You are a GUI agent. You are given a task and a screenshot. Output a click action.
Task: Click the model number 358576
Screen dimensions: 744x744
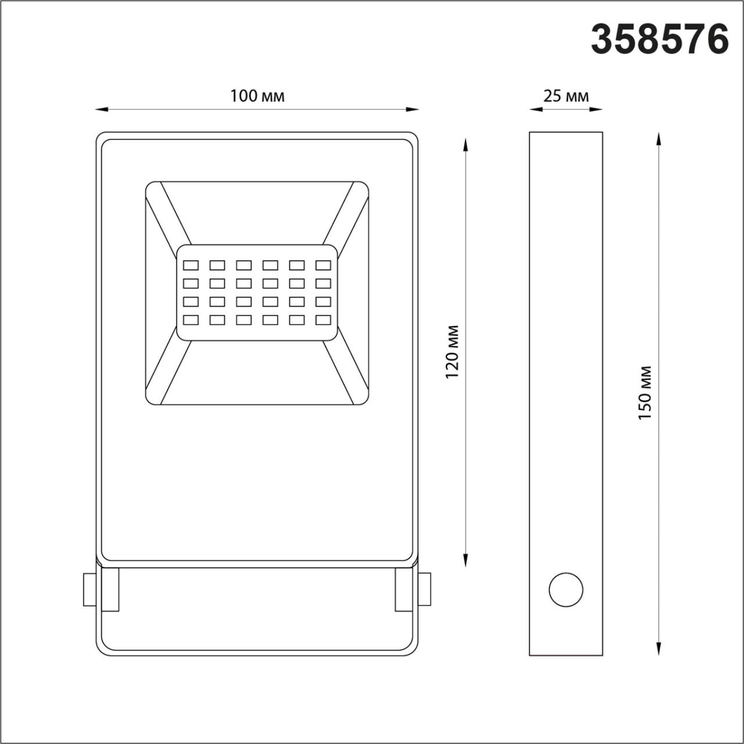pos(660,40)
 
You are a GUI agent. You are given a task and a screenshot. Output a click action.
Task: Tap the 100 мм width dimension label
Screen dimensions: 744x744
pos(257,96)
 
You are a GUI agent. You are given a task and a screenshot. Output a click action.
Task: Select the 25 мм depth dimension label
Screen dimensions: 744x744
pos(566,96)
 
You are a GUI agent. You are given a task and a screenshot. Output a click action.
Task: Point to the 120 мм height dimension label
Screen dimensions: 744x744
pos(453,352)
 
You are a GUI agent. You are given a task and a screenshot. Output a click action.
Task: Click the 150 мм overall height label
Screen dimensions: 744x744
pos(646,393)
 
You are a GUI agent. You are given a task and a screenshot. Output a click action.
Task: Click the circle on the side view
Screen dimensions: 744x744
pos(566,590)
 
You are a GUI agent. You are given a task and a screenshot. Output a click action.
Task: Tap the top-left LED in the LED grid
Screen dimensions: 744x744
pos(191,266)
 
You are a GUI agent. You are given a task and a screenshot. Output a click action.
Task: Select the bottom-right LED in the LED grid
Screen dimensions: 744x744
pos(323,320)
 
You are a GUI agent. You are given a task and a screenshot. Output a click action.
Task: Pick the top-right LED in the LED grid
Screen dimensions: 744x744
pos(323,266)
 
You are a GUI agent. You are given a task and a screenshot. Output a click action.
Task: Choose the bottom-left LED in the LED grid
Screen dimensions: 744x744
pos(191,320)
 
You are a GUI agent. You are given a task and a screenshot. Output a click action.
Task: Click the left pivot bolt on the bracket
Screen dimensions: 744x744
pos(90,589)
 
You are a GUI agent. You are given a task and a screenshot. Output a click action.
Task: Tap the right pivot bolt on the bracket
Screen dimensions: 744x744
pos(425,589)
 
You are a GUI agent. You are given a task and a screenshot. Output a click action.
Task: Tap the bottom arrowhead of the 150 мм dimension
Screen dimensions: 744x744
pos(658,649)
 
